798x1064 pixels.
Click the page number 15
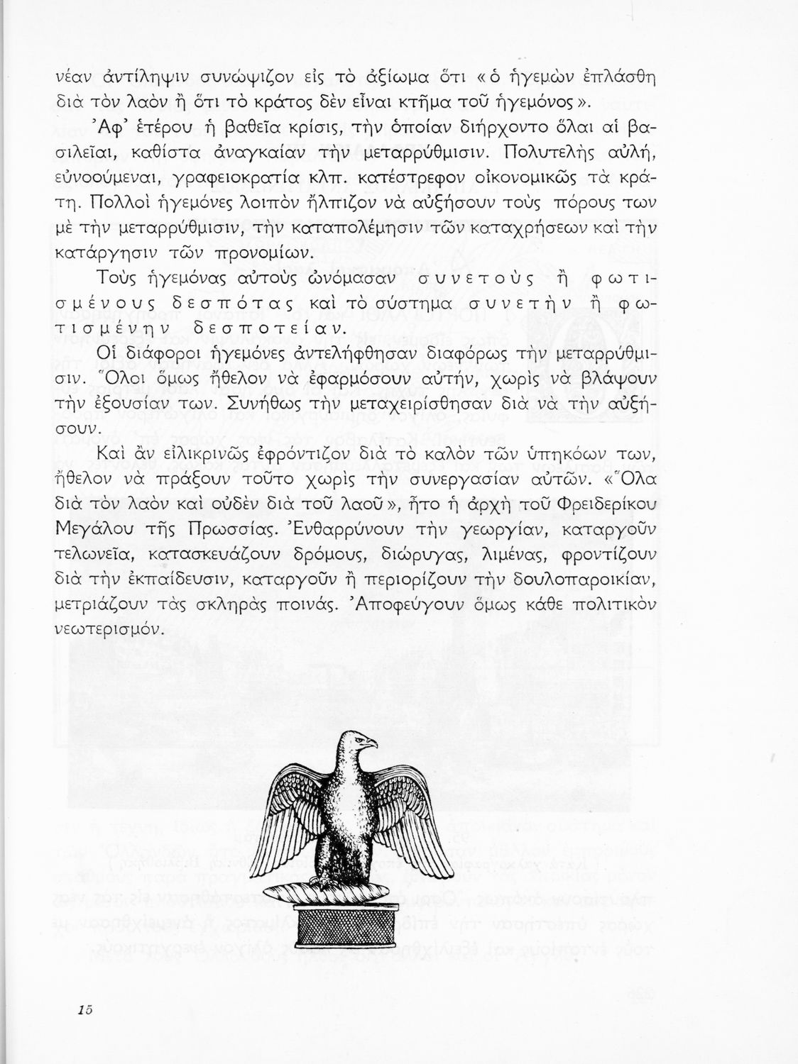87,1009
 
